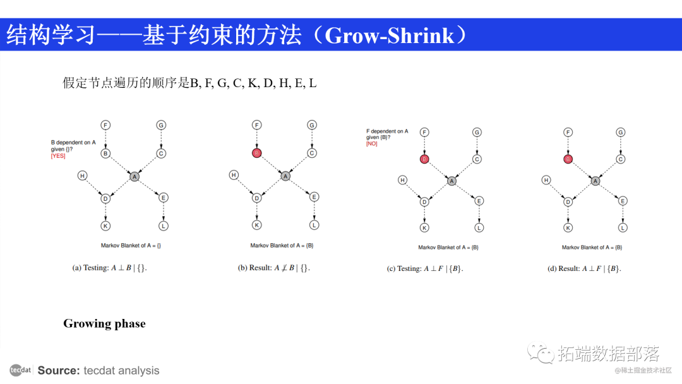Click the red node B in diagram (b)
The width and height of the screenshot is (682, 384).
[x=256, y=153]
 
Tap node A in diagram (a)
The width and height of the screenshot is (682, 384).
[x=134, y=177]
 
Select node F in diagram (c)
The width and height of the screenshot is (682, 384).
[x=424, y=132]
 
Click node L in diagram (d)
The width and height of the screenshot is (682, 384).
[x=623, y=227]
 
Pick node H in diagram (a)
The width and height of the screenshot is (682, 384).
[x=82, y=175]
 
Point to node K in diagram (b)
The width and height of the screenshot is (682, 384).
[x=256, y=225]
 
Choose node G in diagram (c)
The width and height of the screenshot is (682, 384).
[x=477, y=132]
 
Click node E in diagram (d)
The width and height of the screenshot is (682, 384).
[x=623, y=201]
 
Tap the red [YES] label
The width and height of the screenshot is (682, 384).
[x=58, y=156]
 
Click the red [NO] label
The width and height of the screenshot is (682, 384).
[x=371, y=144]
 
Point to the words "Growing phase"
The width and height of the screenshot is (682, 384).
[x=104, y=324]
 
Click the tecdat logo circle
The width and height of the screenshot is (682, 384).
[x=20, y=370]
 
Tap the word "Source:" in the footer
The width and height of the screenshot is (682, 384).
[x=59, y=371]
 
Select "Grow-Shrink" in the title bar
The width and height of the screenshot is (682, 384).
[x=389, y=35]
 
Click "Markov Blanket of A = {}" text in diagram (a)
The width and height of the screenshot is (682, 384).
[x=131, y=245]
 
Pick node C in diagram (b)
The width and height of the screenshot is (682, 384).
[x=312, y=153]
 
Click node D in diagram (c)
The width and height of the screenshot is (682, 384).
[x=424, y=202]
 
